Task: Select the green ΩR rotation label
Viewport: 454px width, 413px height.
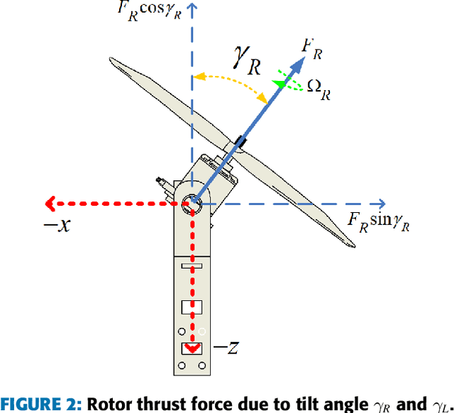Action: tap(319, 88)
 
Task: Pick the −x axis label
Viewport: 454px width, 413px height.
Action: tap(60, 226)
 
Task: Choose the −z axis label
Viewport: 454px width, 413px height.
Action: tap(226, 348)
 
